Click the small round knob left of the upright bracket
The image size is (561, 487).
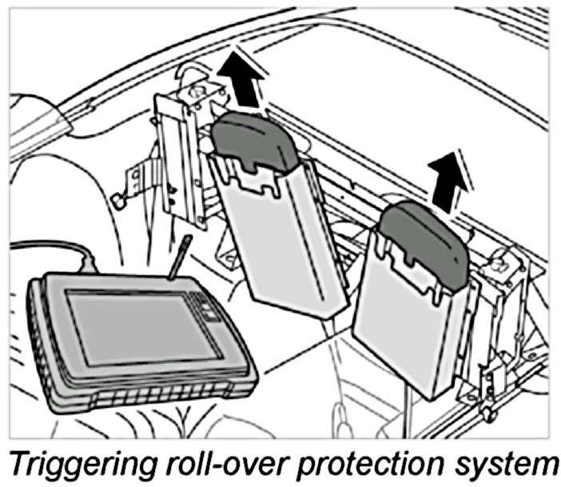click(x=117, y=201)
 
